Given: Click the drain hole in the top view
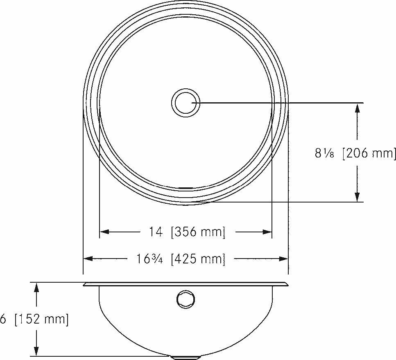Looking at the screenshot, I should tap(186, 102).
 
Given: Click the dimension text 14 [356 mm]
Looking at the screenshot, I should tap(187, 232).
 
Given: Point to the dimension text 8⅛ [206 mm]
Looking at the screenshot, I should tap(355, 153).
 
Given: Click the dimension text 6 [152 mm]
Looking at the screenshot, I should tap(34, 319).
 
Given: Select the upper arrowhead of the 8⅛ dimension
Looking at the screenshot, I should tap(358, 108).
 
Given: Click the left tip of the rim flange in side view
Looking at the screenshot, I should tap(84, 285).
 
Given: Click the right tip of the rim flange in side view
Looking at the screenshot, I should tap(287, 285).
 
